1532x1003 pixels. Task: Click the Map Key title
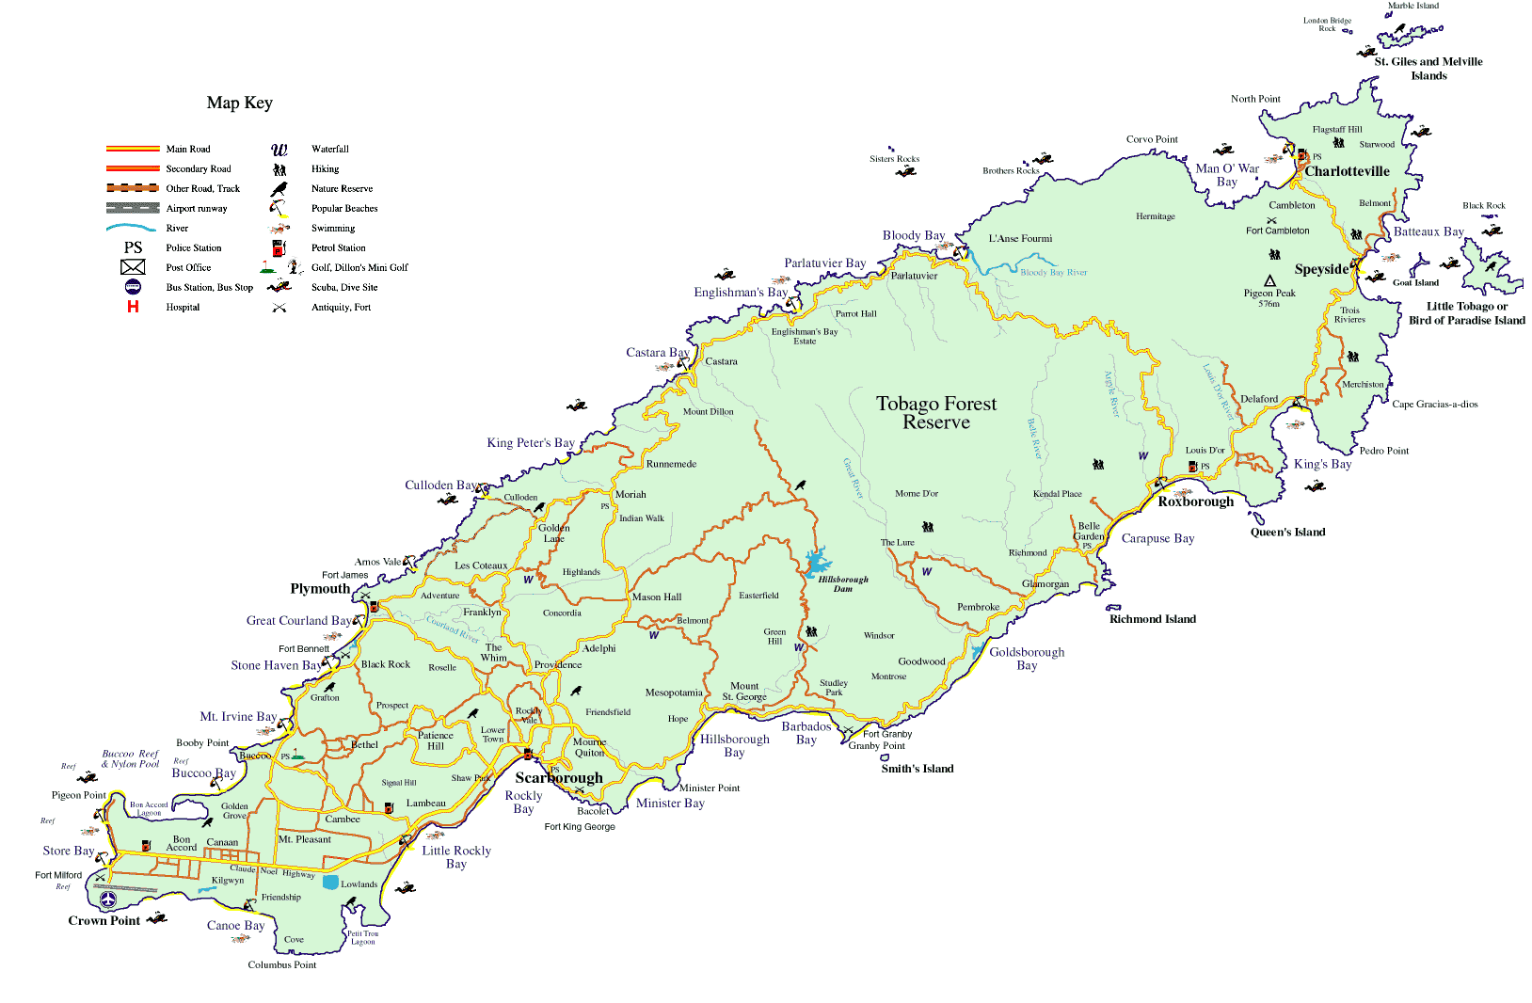point(239,103)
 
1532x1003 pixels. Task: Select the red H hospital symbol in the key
point(133,307)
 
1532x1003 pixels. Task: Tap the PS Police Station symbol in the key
point(133,247)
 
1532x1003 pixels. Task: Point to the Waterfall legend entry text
point(329,149)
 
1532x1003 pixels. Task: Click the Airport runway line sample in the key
point(133,208)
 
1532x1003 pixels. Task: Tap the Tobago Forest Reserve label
point(935,412)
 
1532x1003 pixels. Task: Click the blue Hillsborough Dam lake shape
point(816,564)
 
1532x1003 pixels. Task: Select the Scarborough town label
point(559,777)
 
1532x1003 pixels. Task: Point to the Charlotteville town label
point(1347,171)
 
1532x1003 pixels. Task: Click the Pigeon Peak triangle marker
point(1269,280)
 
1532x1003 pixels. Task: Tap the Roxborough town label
point(1195,501)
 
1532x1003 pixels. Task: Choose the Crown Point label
point(104,920)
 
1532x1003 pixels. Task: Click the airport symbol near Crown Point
point(107,900)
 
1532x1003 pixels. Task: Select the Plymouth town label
point(320,588)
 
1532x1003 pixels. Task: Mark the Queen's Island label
point(1287,532)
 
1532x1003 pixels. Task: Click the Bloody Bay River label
point(1053,272)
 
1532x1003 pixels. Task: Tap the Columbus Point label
point(281,964)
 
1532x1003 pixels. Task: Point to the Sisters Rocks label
point(894,159)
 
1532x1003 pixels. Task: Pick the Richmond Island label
point(1152,619)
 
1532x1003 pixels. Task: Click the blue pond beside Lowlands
point(330,882)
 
